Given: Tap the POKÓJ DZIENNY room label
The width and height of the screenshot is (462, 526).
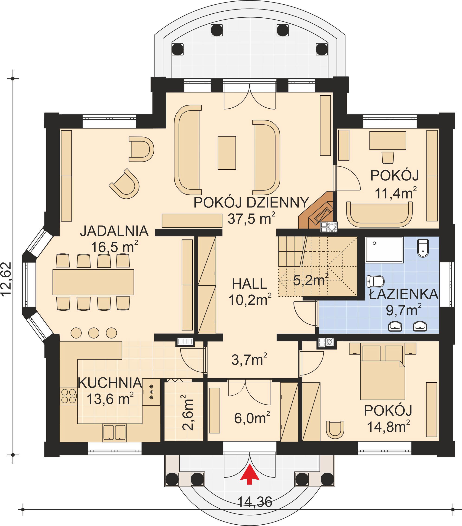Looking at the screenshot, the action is [x=251, y=203].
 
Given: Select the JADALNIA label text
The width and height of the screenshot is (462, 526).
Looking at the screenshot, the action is [x=114, y=231].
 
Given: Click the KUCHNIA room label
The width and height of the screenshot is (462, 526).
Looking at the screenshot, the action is [x=110, y=383].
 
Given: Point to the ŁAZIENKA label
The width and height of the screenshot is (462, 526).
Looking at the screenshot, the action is [x=403, y=294].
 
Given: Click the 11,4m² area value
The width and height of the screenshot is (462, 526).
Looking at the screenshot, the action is [x=396, y=193].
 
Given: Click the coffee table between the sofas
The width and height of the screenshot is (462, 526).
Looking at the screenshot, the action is [x=227, y=153].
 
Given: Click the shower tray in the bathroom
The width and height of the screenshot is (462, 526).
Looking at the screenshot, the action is [x=384, y=250].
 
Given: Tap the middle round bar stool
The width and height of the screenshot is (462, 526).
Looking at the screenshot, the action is [x=94, y=333].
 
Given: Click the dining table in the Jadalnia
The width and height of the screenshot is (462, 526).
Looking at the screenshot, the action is [x=93, y=282].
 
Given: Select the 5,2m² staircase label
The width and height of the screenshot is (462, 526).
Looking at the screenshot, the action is [x=311, y=280].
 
